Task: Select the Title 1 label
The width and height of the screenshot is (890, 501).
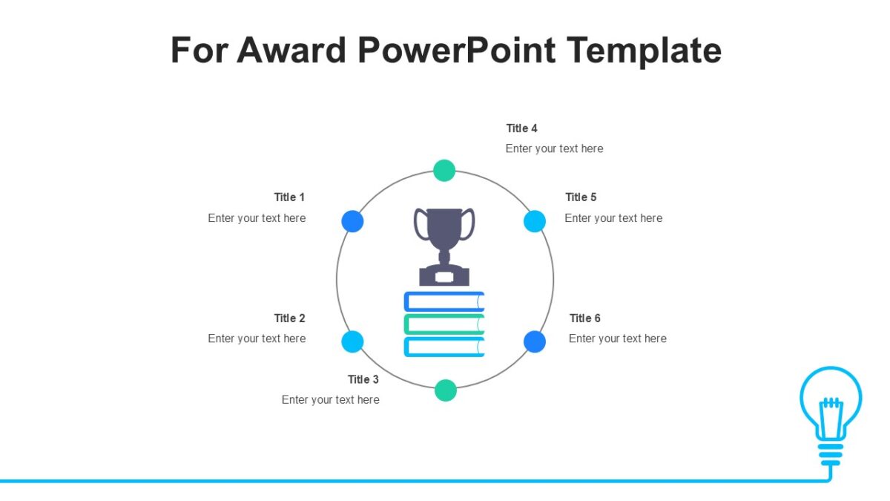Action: click(x=289, y=197)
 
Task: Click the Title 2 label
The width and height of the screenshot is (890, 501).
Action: click(x=289, y=318)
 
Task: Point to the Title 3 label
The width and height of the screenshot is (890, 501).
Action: click(x=363, y=380)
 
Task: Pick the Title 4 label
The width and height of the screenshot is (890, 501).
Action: click(x=522, y=128)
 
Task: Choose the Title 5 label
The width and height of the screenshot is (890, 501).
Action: click(x=581, y=197)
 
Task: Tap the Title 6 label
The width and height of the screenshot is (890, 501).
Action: click(x=585, y=318)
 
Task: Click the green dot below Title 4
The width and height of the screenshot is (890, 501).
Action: click(x=444, y=171)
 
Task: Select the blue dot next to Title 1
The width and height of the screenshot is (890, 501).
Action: click(x=352, y=221)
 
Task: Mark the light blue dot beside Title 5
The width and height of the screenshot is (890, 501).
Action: click(x=535, y=221)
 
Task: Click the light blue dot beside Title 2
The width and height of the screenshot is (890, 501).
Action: click(x=352, y=341)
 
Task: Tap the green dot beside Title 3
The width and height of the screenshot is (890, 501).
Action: click(x=445, y=390)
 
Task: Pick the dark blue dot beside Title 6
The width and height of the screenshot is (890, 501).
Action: click(x=535, y=341)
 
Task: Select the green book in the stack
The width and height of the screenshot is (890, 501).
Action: click(x=444, y=324)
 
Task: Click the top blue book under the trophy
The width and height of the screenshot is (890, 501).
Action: click(x=444, y=301)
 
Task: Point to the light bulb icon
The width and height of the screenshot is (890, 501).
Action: click(x=831, y=412)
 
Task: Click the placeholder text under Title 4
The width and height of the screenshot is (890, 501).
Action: click(x=555, y=148)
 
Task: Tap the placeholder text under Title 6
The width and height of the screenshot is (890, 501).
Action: click(x=618, y=338)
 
